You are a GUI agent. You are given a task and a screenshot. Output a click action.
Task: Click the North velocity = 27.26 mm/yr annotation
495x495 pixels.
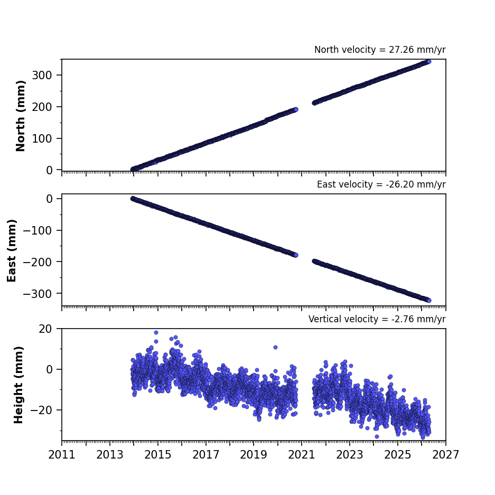(380, 50)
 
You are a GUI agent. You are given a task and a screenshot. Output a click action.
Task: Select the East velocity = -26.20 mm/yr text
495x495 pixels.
(381, 184)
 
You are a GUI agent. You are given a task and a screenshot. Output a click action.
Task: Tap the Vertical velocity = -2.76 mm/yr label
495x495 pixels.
(377, 319)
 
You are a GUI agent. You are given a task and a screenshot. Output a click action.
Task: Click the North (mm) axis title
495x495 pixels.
(21, 116)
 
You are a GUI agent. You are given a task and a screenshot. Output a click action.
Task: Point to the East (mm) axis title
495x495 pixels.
(12, 250)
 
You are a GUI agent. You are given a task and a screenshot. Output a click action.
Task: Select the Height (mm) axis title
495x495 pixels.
(18, 385)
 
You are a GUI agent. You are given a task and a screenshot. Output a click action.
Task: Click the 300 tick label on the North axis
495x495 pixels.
(42, 75)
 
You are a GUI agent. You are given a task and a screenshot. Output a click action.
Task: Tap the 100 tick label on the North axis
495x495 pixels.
(42, 138)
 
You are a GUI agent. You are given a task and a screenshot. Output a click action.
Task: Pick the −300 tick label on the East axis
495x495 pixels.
(38, 294)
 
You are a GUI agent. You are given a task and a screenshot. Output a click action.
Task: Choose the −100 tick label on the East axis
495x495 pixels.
(38, 230)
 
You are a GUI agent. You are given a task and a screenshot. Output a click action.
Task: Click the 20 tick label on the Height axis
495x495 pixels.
(45, 329)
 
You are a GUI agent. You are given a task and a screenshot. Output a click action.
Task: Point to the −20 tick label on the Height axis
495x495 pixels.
(41, 410)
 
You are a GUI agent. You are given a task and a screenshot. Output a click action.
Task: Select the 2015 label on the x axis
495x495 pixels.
(157, 455)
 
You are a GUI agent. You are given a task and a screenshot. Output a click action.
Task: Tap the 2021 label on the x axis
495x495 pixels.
(302, 455)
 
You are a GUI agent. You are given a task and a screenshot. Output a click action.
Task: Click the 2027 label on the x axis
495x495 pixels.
(445, 455)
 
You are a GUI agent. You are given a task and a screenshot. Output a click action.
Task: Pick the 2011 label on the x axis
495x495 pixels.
(62, 455)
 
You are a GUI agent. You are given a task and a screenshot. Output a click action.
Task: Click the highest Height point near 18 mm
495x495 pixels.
(156, 332)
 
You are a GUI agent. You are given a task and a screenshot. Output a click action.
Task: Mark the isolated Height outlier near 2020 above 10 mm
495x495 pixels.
(275, 347)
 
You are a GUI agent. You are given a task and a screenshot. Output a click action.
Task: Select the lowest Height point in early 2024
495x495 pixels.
(377, 436)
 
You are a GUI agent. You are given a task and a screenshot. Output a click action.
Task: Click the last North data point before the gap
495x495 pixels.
(296, 109)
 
